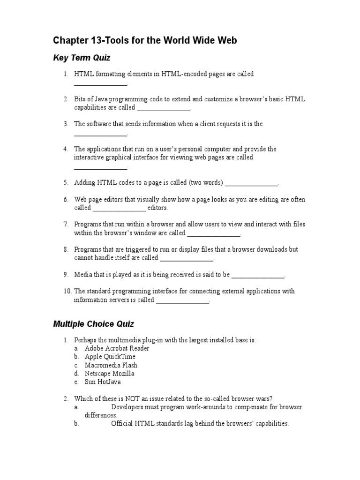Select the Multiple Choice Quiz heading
[94, 323]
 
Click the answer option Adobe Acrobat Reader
[117, 348]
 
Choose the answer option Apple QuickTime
[110, 357]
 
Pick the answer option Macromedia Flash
[111, 365]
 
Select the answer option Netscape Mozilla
[110, 374]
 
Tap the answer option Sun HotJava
[103, 382]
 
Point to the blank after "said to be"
[258, 276]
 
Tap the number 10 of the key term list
[67, 291]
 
